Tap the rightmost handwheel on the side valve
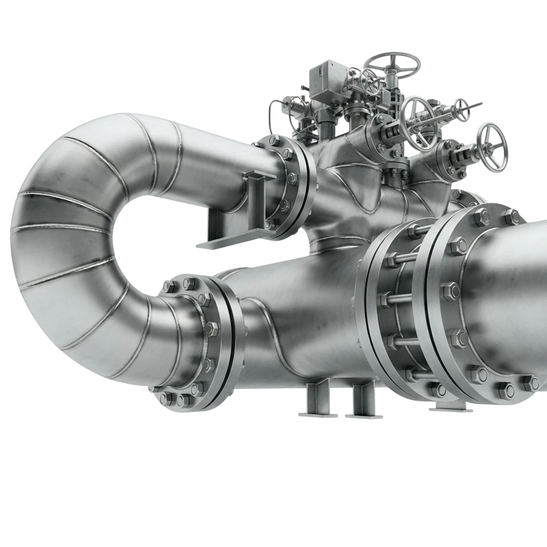click(492, 147)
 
